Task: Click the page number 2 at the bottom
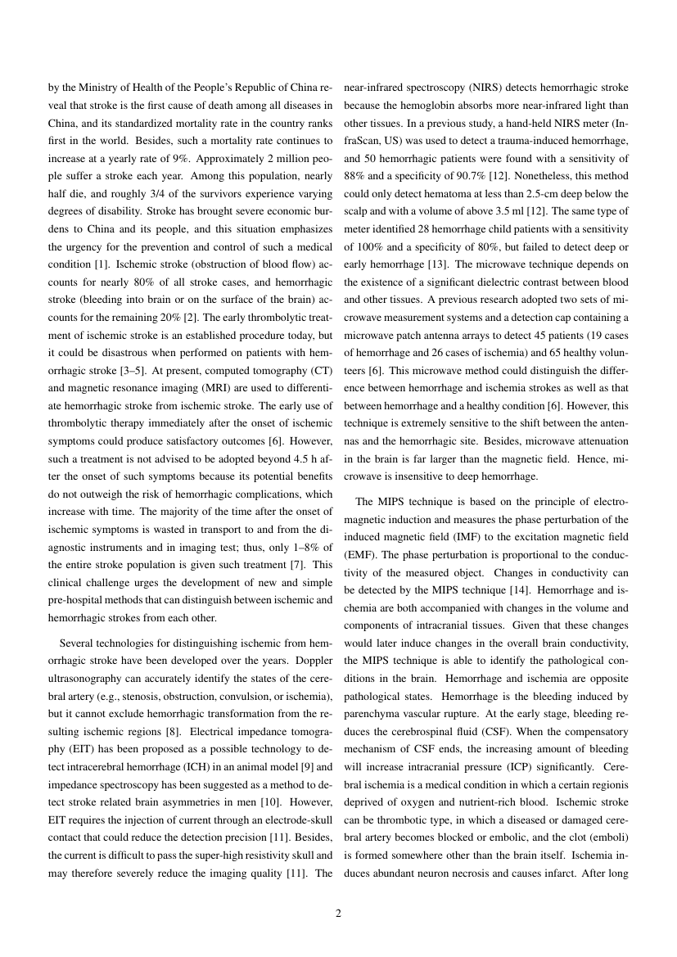[x=338, y=914]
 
